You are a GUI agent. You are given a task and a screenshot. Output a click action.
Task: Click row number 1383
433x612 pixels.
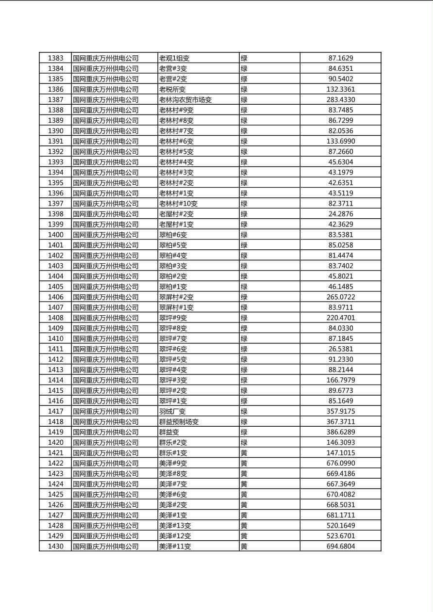tap(55, 58)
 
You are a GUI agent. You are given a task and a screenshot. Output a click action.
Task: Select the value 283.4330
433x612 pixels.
tap(340, 100)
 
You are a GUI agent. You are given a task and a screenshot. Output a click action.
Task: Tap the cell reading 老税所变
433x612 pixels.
tap(172, 89)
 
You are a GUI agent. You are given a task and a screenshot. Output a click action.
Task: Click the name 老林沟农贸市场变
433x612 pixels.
tap(185, 100)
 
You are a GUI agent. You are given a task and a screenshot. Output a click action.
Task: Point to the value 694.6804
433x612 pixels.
tap(340, 547)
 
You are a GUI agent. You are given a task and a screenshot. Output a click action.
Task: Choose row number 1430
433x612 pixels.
tap(55, 547)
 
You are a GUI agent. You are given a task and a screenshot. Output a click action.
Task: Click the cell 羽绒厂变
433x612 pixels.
tap(173, 411)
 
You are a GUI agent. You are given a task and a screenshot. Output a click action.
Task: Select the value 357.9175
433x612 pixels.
tap(340, 411)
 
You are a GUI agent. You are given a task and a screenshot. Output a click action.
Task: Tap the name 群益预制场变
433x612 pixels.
tap(179, 422)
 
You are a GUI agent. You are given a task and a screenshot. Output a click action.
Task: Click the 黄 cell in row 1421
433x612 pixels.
tap(244, 453)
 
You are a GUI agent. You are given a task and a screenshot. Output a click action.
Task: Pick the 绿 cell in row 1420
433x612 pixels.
tap(244, 443)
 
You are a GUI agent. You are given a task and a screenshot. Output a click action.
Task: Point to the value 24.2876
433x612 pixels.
tap(340, 214)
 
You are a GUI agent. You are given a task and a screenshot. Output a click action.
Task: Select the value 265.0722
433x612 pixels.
tap(340, 297)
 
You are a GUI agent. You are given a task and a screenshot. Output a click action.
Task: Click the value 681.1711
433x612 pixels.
tap(340, 515)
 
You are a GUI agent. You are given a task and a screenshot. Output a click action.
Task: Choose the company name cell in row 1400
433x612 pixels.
tap(105, 235)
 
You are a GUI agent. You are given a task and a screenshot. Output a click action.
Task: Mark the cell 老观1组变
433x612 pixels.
tap(174, 58)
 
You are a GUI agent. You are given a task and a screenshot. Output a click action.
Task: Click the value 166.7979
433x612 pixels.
tap(340, 380)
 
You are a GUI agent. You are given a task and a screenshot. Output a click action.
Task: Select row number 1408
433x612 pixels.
tap(55, 318)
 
